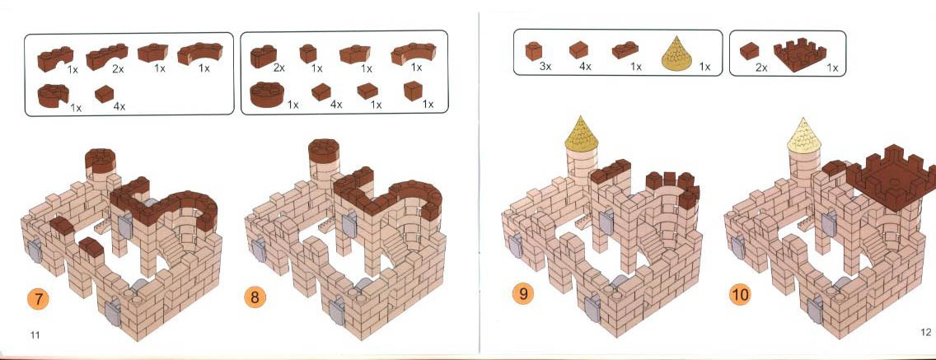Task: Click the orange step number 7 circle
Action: tap(39, 298)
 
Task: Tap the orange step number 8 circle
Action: tap(255, 297)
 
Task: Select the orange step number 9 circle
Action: tap(523, 293)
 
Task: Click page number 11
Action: tap(35, 335)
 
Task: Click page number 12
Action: tap(925, 332)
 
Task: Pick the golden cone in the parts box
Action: tap(677, 54)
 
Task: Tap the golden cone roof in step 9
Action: tap(581, 133)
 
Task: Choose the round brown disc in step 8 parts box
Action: tap(267, 95)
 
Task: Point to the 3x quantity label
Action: tap(545, 66)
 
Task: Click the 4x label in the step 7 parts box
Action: tap(119, 106)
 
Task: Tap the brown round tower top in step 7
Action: tap(101, 161)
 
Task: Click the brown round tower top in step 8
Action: tap(324, 151)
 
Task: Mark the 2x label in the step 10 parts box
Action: tap(761, 68)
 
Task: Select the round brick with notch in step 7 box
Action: tap(53, 96)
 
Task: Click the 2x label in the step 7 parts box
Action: tap(118, 69)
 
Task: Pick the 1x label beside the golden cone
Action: tap(705, 66)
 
